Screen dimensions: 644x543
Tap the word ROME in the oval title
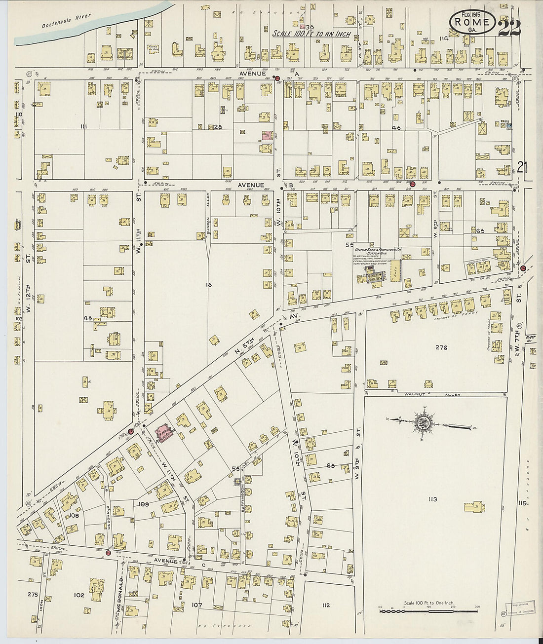click(x=472, y=22)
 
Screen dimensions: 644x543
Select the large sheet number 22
click(x=509, y=28)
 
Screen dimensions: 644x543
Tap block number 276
click(x=441, y=348)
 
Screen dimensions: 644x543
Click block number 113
click(x=432, y=499)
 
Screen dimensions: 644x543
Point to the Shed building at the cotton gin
click(x=395, y=270)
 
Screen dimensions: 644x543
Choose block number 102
click(x=79, y=595)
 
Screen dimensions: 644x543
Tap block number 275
click(x=33, y=594)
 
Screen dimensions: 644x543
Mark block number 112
click(x=324, y=605)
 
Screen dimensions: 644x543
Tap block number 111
click(x=83, y=127)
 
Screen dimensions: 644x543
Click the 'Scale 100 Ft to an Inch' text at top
click(x=312, y=34)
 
